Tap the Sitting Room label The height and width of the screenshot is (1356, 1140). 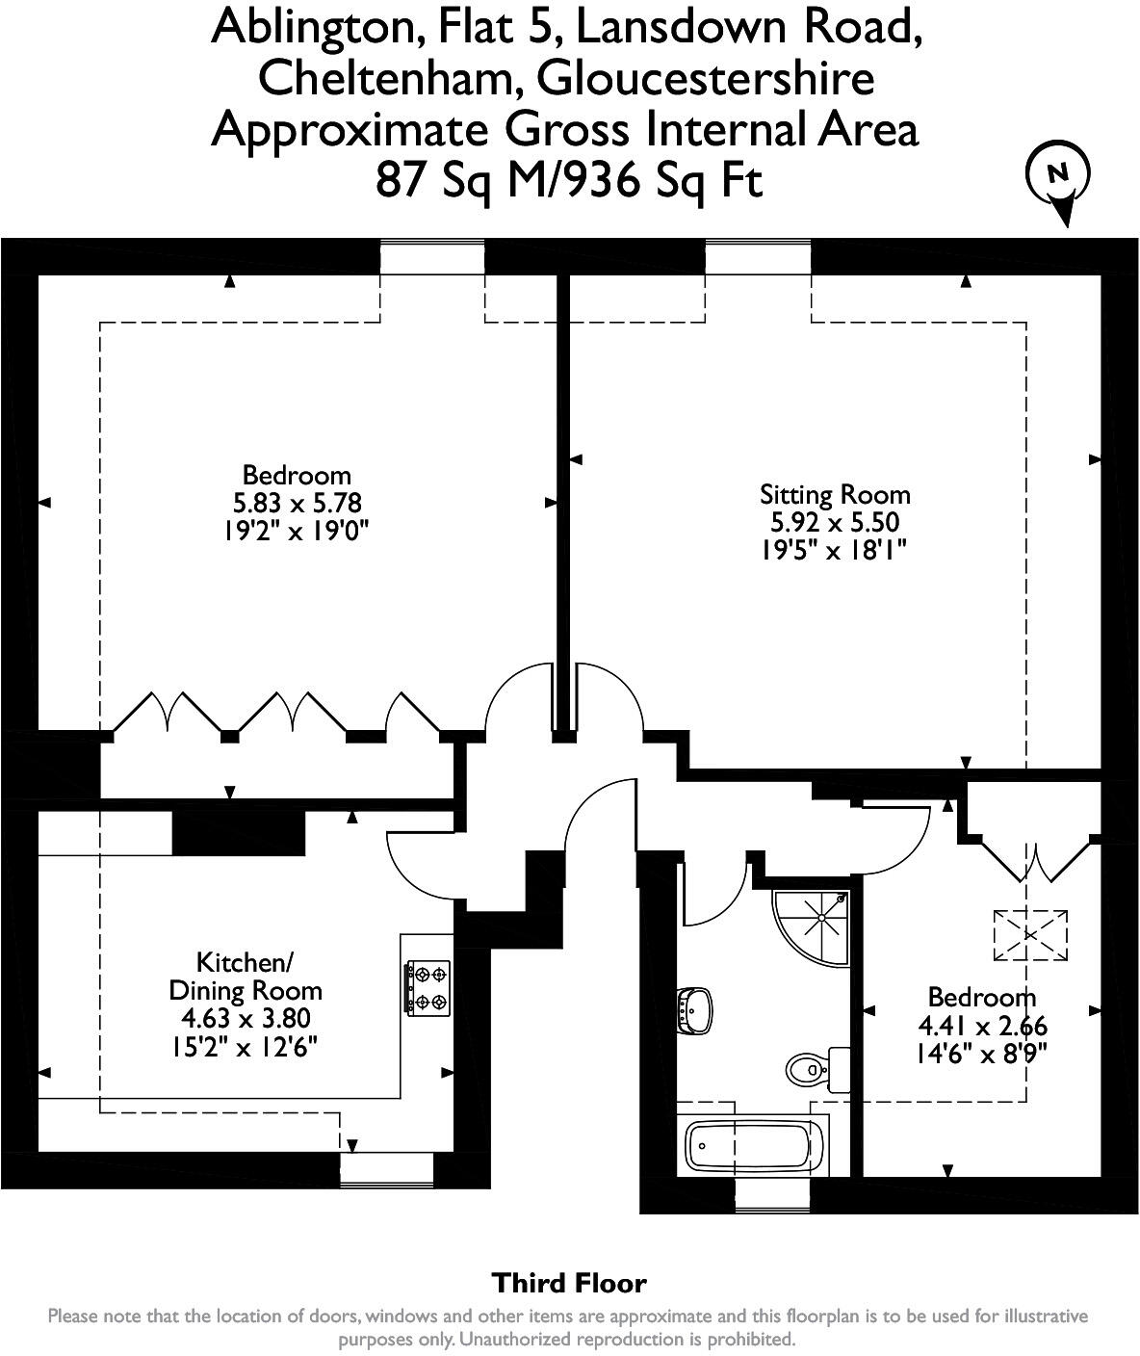(x=835, y=495)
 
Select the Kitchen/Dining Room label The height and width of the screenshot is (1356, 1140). (x=246, y=977)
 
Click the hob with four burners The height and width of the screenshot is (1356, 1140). (x=427, y=988)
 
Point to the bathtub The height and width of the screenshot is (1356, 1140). (x=753, y=1146)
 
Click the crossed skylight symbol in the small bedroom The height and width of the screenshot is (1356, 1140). (x=1030, y=935)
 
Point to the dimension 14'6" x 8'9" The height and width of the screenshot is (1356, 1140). (x=981, y=1054)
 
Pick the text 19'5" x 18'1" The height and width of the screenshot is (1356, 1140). (x=834, y=551)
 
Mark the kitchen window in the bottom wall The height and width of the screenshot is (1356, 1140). (x=387, y=1170)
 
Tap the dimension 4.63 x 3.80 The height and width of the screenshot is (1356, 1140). (x=246, y=1018)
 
